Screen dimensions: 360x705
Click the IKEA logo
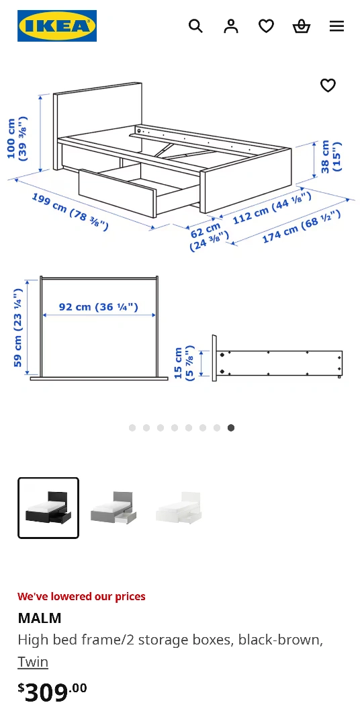tap(57, 26)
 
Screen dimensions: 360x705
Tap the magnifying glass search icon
tap(195, 26)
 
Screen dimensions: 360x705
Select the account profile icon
tap(231, 26)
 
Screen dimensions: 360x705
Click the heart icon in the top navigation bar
tap(266, 26)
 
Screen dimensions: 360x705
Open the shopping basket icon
tap(302, 26)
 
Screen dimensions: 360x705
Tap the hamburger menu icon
tap(336, 26)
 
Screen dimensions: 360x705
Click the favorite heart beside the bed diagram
tap(328, 85)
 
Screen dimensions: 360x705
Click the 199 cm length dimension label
tap(70, 211)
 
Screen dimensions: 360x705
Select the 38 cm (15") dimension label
tap(331, 157)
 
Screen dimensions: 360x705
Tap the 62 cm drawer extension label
tap(209, 237)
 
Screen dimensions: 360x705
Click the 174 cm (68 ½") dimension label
tap(301, 226)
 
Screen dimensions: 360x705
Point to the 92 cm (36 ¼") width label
tap(99, 306)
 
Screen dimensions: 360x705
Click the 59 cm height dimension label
tap(17, 327)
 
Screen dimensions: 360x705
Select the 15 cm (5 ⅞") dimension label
tap(184, 363)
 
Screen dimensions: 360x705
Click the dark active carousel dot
tap(231, 427)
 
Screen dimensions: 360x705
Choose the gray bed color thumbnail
tap(114, 508)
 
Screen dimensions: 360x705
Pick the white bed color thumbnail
tap(179, 508)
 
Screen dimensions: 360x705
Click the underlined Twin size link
tap(33, 662)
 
